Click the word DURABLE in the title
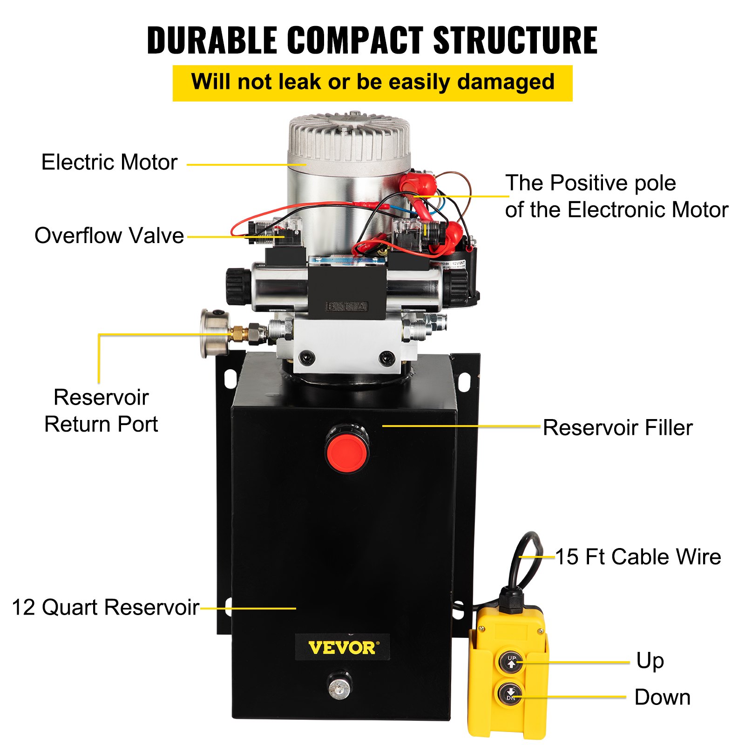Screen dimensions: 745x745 pyautogui.click(x=212, y=41)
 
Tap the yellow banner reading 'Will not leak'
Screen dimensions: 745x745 pyautogui.click(x=372, y=83)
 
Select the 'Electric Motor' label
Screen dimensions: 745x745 pyautogui.click(x=109, y=163)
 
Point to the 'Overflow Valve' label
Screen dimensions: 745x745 pyautogui.click(x=109, y=236)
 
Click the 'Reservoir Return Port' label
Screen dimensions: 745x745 pyautogui.click(x=101, y=411)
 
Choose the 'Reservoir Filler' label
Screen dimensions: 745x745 pyautogui.click(x=617, y=427)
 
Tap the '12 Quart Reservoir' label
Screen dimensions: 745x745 pyautogui.click(x=106, y=607)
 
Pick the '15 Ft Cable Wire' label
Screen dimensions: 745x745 pyautogui.click(x=638, y=556)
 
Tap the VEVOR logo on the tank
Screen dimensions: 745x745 pyautogui.click(x=342, y=648)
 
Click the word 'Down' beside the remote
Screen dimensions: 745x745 pyautogui.click(x=662, y=697)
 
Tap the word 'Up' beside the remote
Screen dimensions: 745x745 pyautogui.click(x=650, y=661)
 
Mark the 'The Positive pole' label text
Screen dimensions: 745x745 pyautogui.click(x=590, y=183)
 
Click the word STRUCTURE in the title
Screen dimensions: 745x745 pyautogui.click(x=515, y=41)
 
